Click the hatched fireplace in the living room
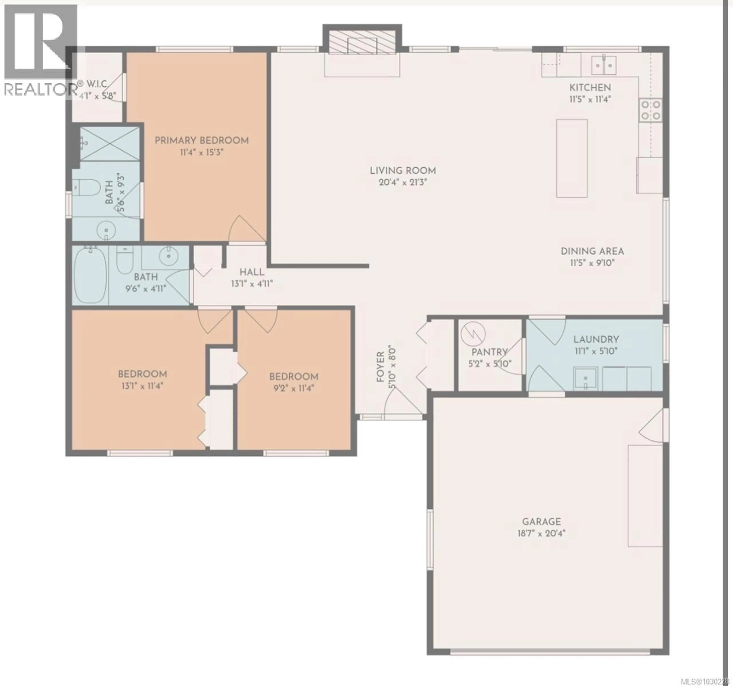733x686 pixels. point(362,46)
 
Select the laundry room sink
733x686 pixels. point(585,378)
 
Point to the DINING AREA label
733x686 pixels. point(592,251)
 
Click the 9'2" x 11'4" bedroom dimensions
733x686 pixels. point(294,388)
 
